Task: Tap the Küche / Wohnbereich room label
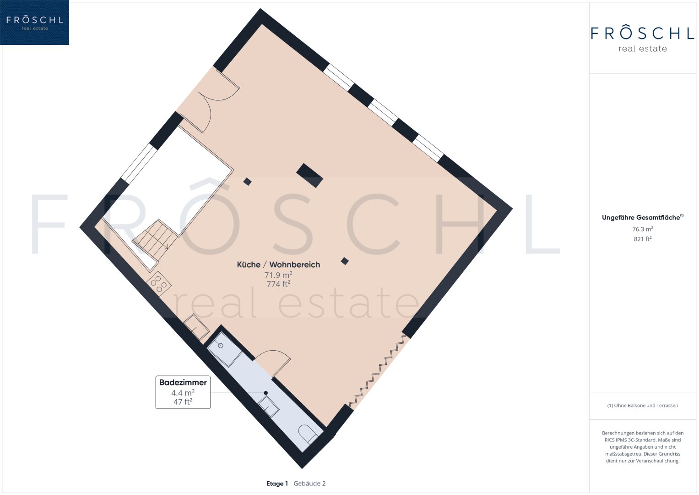(278, 265)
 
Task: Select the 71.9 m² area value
(278, 275)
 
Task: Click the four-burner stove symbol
(158, 284)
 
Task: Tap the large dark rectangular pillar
(309, 176)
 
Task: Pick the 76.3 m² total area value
(643, 229)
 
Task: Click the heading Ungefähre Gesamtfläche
(643, 218)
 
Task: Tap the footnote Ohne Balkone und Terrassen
(643, 406)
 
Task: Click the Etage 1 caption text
(277, 484)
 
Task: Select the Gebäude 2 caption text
(309, 484)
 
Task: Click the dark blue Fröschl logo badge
(34, 22)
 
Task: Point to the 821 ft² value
(643, 239)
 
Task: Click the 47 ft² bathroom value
(183, 401)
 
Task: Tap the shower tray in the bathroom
(225, 349)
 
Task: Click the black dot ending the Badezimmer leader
(266, 393)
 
